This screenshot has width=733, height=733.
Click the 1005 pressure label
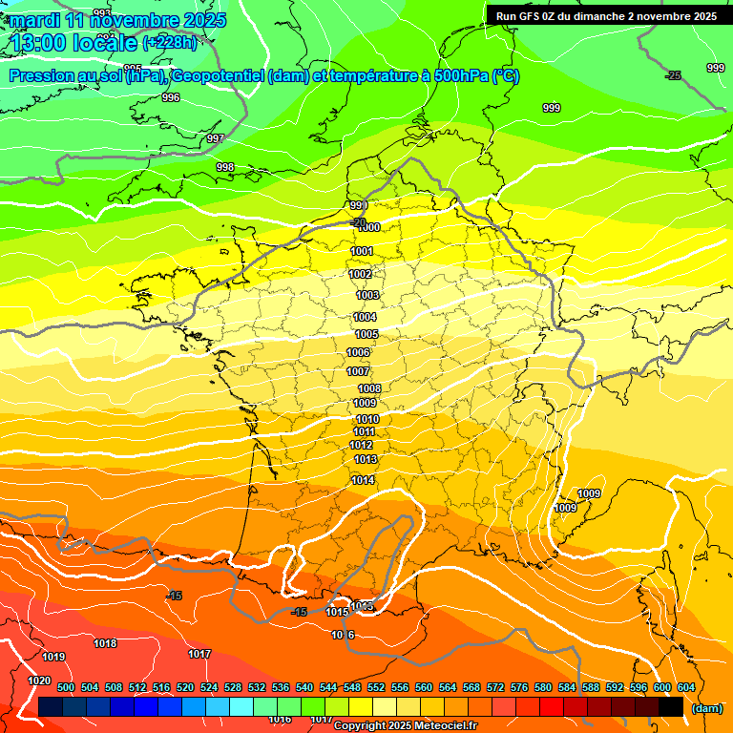click(367, 334)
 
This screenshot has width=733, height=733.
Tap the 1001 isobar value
click(362, 251)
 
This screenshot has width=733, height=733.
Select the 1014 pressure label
click(363, 480)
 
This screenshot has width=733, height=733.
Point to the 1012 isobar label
click(361, 445)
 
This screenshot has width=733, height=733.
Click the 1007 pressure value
click(358, 371)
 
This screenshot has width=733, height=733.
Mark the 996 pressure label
click(171, 97)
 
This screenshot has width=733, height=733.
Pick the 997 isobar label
click(216, 138)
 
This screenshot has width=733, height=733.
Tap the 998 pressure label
click(225, 167)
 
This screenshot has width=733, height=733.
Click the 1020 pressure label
click(39, 681)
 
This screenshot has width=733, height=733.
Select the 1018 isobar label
click(105, 643)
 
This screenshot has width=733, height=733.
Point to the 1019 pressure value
click(53, 657)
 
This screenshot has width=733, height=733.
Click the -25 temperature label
click(674, 75)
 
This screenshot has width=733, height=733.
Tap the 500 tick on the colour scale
click(66, 687)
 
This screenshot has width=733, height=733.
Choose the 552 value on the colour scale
click(376, 687)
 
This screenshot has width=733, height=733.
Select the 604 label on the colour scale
click(686, 687)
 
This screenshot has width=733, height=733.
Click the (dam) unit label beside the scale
click(705, 708)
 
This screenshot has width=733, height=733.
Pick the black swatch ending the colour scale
click(671, 707)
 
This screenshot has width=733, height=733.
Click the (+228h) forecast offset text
click(170, 42)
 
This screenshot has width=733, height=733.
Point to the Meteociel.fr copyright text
click(406, 725)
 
